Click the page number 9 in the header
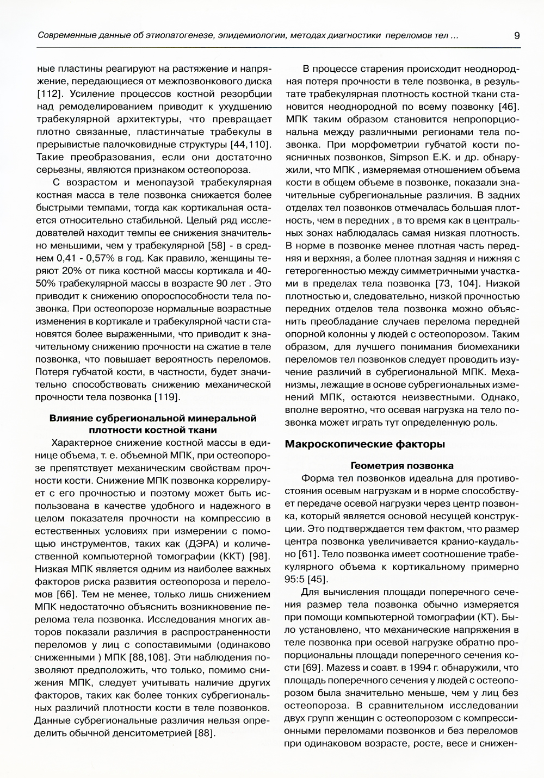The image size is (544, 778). click(516, 36)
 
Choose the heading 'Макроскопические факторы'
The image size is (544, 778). click(365, 444)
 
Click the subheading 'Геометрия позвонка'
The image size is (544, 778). click(402, 466)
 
